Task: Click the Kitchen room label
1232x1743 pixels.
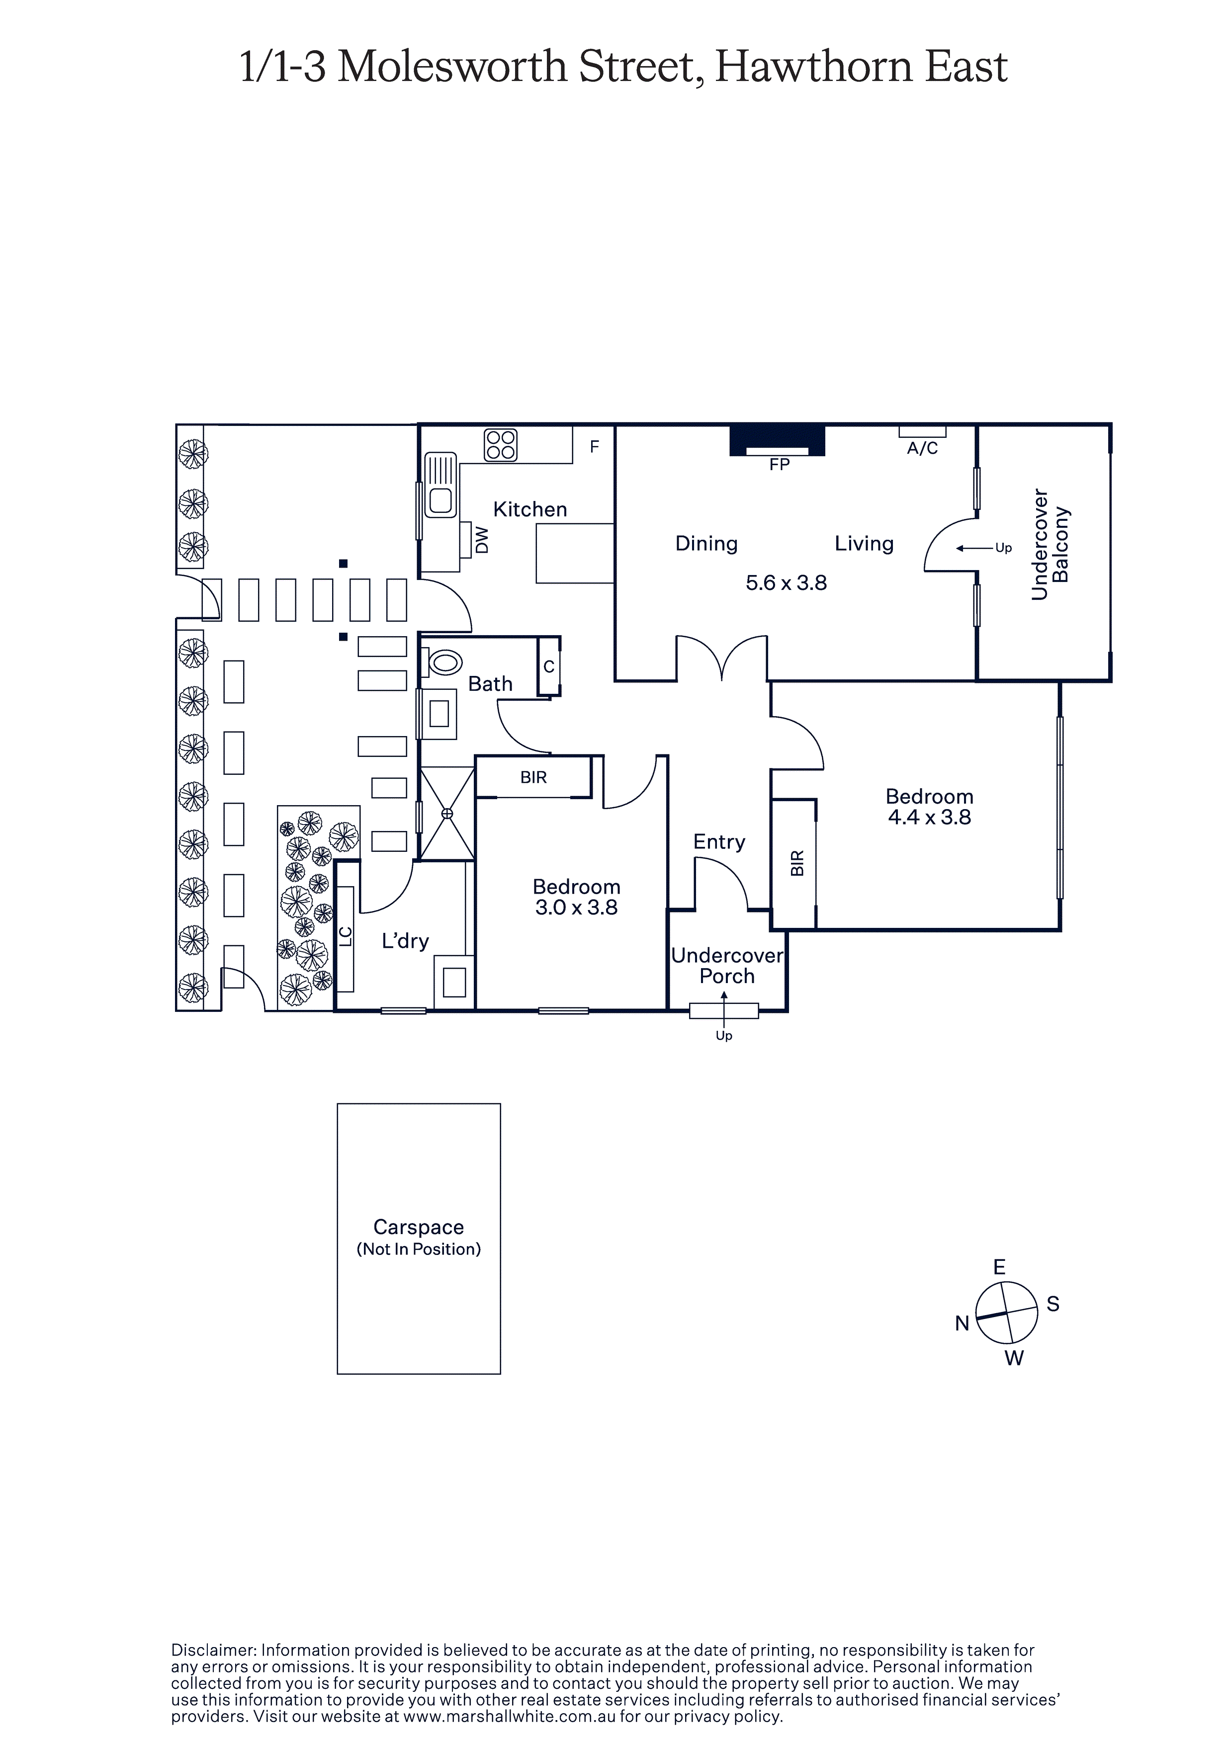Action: click(530, 509)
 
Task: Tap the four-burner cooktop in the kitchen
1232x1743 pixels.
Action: click(501, 445)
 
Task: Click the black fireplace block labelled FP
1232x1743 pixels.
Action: click(778, 440)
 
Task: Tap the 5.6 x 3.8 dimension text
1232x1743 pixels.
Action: click(786, 583)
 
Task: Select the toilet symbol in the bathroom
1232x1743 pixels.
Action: click(443, 663)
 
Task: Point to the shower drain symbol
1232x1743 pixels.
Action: click(447, 814)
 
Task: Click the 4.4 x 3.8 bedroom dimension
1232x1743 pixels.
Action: click(930, 818)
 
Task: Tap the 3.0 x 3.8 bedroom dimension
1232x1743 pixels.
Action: click(577, 908)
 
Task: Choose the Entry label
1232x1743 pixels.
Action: click(719, 842)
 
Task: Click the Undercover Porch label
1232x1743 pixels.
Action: click(727, 966)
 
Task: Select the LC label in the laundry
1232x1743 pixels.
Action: click(346, 937)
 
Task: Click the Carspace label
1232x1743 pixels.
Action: click(419, 1228)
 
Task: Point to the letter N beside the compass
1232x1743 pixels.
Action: click(963, 1324)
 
